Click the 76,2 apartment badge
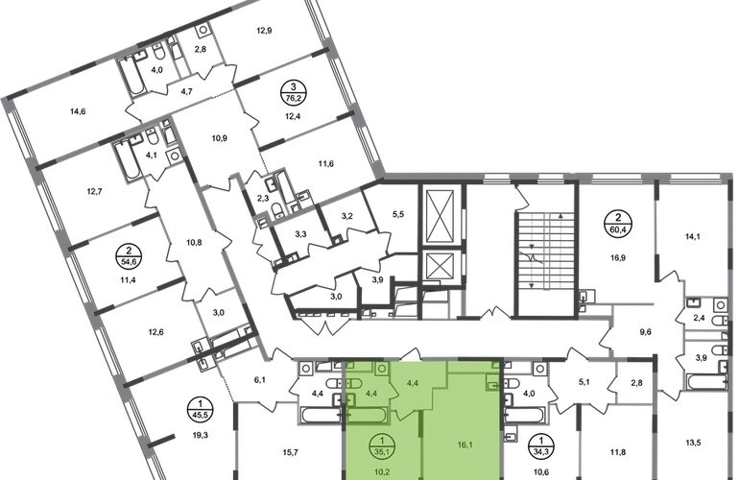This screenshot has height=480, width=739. tap(293, 91)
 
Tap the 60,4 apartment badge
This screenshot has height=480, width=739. tap(618, 223)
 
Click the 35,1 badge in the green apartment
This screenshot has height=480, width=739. tap(382, 446)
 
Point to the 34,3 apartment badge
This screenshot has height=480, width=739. tap(541, 446)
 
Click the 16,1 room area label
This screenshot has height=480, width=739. tap(465, 444)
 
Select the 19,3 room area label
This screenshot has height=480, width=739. tap(201, 435)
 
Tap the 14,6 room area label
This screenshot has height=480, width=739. tap(78, 111)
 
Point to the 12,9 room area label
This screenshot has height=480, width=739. tap(264, 31)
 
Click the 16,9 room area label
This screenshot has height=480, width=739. tap(618, 258)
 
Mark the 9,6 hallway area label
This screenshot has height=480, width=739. tap(645, 332)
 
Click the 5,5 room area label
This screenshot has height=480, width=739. tap(398, 214)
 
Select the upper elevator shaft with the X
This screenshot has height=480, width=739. tap(440, 216)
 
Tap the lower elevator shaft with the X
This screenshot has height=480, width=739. tap(440, 267)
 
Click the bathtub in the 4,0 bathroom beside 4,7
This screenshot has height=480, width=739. tap(131, 77)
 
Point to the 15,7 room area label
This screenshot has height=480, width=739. tap(290, 453)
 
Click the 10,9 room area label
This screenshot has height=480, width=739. tap(219, 138)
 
